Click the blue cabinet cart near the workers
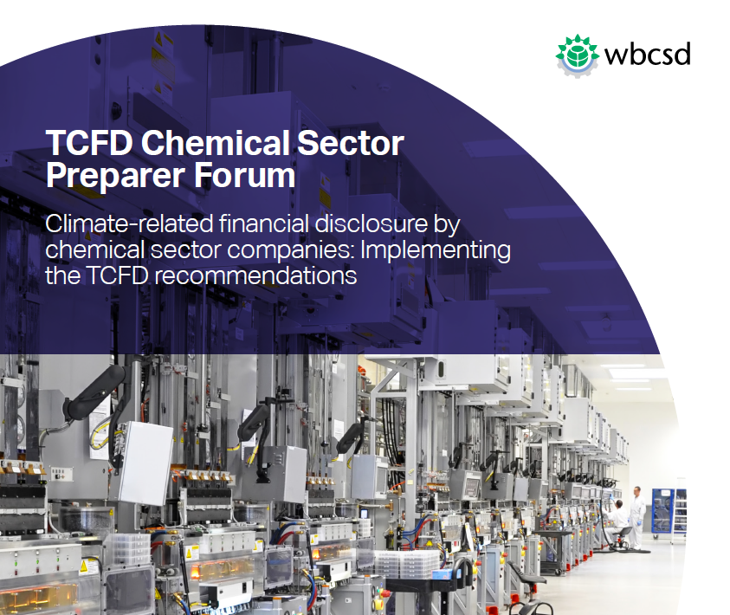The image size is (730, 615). (662, 511)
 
